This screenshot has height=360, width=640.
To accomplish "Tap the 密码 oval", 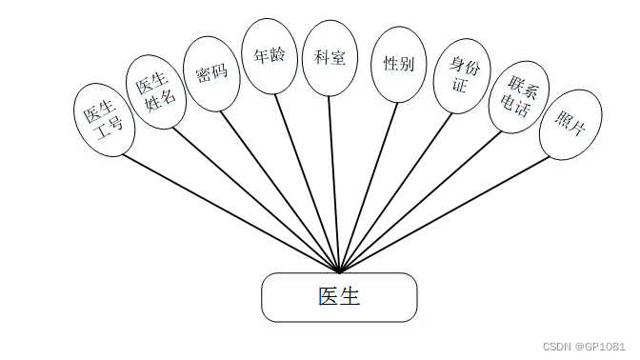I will (211, 72).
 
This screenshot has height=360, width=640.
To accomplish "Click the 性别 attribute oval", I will (398, 64).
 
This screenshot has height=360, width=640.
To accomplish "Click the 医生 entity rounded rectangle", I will (339, 297).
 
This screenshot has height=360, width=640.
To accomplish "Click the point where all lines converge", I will (339, 270).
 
